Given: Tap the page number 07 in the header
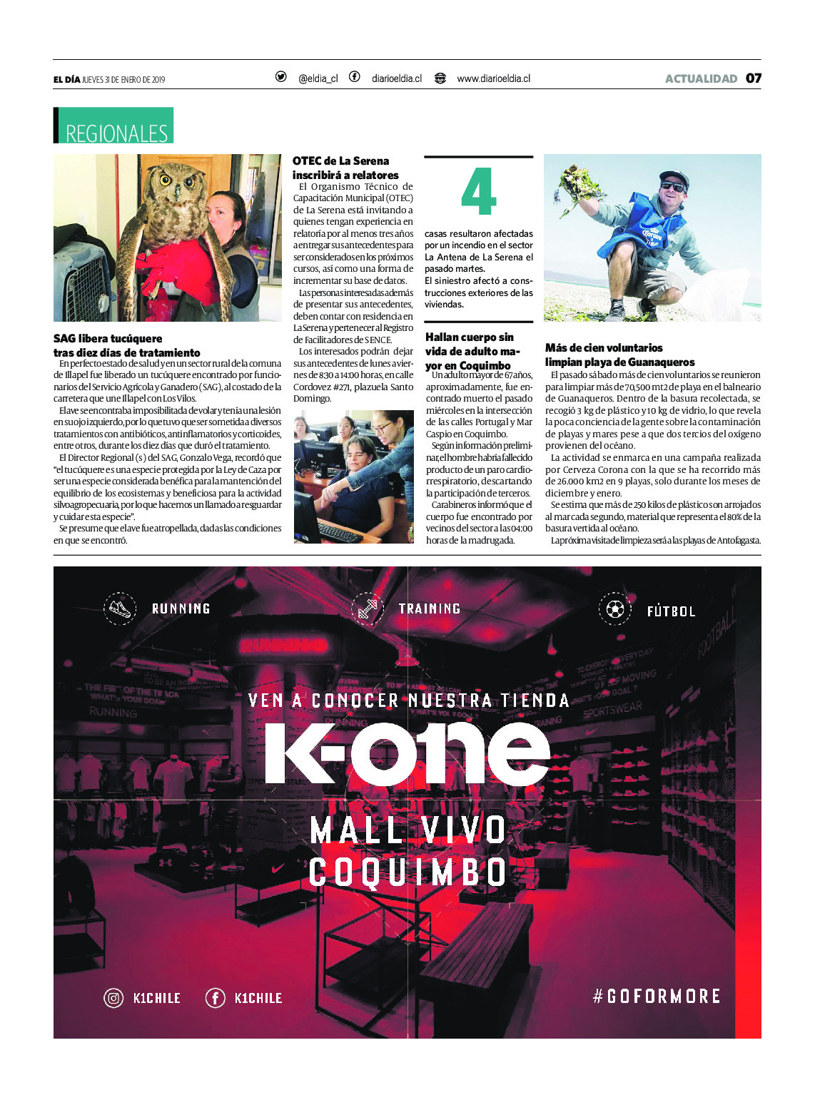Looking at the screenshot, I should tap(754, 78).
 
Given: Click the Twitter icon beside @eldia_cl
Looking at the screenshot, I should tap(281, 77).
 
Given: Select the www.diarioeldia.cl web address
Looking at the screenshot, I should tap(493, 78).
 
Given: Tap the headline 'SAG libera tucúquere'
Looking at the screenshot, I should tap(108, 339).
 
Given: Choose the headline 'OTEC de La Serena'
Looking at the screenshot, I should tap(341, 161).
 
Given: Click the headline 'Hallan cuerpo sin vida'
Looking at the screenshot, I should tap(470, 337).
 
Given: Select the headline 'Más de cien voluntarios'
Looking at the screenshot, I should tap(604, 348).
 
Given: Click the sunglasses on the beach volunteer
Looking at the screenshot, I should tap(672, 186).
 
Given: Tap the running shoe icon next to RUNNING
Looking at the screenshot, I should tap(120, 609).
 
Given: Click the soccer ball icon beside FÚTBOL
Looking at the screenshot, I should tap(614, 609).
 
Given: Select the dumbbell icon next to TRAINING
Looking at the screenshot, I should tap(368, 609).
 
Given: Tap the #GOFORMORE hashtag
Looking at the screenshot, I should tap(657, 996).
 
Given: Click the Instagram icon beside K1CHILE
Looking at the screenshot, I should tap(114, 998).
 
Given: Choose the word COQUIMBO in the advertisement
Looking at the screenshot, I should tap(407, 872).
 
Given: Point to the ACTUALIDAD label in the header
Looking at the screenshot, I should tap(701, 78).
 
